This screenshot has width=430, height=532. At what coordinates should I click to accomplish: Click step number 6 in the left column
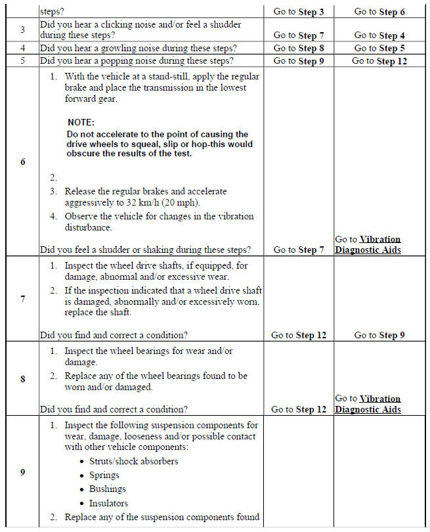click(x=22, y=162)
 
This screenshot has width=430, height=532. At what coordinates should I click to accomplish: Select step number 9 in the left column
click(x=22, y=472)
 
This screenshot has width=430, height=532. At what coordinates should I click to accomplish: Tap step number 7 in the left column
click(x=22, y=299)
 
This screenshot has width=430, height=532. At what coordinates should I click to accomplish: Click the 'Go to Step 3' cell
click(x=298, y=12)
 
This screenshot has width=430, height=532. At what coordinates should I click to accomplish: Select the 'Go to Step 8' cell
click(x=298, y=48)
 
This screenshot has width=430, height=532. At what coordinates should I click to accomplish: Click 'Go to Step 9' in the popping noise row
click(x=298, y=61)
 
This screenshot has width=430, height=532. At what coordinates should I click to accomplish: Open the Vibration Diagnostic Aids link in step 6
click(x=368, y=244)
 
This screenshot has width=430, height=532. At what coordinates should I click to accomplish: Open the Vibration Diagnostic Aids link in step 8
click(x=368, y=404)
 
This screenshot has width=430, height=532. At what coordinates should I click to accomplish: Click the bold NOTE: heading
click(x=81, y=123)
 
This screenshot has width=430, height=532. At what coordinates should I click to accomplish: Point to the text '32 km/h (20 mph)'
click(x=164, y=202)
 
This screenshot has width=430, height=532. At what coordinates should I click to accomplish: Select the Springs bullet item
click(x=104, y=475)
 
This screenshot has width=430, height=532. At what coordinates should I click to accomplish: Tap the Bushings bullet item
click(x=108, y=489)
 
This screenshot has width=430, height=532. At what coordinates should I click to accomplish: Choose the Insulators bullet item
click(x=109, y=503)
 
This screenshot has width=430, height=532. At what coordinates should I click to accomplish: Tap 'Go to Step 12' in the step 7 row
click(x=298, y=335)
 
